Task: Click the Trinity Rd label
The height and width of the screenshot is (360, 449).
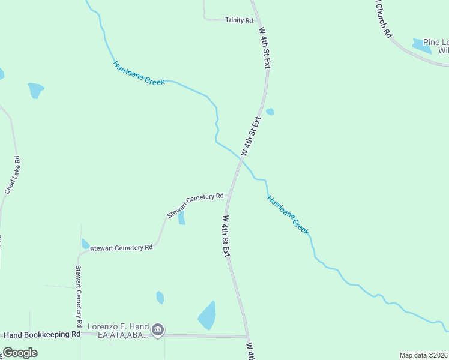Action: click(239, 20)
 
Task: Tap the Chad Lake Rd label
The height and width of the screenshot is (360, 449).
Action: click(13, 175)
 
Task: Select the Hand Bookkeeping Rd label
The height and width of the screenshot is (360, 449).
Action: click(41, 334)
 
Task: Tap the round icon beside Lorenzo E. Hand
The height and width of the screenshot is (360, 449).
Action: click(158, 329)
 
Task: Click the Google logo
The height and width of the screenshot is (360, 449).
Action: click(20, 353)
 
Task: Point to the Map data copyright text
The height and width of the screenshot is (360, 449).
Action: click(424, 355)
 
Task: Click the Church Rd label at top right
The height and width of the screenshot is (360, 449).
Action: click(382, 19)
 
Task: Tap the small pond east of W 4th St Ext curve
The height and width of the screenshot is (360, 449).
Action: click(270, 112)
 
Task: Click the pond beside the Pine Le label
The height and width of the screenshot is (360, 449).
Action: click(422, 46)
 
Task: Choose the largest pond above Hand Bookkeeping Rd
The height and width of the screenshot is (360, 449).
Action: click(208, 316)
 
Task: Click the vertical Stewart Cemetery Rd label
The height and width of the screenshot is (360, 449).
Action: click(79, 292)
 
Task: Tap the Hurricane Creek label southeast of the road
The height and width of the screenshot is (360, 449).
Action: click(288, 214)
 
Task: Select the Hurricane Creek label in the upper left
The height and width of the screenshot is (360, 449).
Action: click(139, 73)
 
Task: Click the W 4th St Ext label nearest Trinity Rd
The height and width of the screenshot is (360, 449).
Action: click(264, 46)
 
